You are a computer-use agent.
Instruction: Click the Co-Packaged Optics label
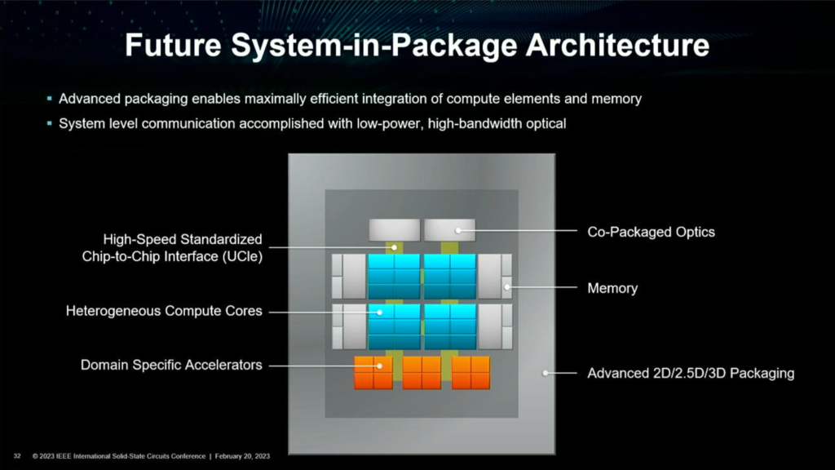point(651,232)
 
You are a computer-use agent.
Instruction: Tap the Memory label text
point(612,288)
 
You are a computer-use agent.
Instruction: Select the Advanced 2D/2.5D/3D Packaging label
point(691,374)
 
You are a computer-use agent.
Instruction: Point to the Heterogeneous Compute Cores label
point(164,311)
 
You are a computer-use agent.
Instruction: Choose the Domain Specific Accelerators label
point(171,365)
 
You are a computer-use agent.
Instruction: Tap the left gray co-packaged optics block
point(394,230)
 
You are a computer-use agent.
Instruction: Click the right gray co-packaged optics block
point(449,230)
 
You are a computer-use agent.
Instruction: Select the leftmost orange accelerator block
point(373,372)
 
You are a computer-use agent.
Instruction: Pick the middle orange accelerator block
point(422,372)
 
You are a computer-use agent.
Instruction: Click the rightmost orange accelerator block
point(471,372)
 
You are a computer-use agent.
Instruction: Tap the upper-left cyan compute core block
point(393,276)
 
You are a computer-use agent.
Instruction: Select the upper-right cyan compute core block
point(449,276)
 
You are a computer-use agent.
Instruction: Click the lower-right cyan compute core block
point(449,326)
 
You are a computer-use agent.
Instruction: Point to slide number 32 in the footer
point(16,455)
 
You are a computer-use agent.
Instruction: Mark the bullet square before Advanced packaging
point(49,99)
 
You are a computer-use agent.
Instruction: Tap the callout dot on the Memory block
point(507,286)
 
